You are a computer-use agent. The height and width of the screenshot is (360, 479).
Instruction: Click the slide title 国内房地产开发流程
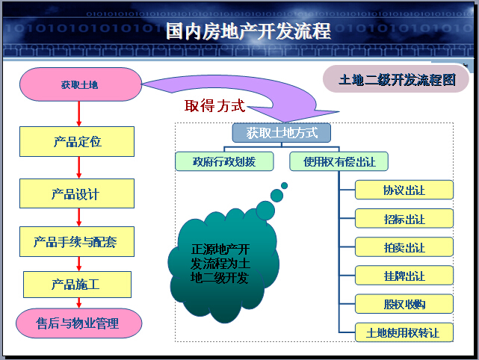point(248,31)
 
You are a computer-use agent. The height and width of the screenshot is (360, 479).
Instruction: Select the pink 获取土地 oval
point(81,84)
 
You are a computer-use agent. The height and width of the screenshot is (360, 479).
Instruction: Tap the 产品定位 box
point(77,141)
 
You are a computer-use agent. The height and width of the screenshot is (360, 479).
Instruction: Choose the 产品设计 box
point(77,193)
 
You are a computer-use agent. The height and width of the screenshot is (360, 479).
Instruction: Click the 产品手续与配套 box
point(77,241)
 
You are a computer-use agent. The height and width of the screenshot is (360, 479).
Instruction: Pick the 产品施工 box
point(77,285)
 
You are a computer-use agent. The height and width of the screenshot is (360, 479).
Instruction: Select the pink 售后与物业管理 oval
point(78,323)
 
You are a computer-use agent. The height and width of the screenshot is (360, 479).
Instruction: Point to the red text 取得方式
point(214,106)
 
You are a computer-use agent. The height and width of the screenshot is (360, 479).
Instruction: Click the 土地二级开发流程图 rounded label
point(396,79)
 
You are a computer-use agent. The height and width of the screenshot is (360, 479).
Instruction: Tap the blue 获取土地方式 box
point(282,133)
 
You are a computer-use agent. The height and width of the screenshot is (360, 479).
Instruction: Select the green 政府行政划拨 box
point(224,161)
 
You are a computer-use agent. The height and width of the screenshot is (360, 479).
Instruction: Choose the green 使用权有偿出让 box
point(339,161)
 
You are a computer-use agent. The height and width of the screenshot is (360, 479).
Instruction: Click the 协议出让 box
point(404,190)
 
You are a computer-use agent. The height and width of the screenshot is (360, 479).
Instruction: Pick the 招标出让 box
point(404,219)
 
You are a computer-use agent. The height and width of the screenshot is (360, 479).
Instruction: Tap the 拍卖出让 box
point(404,247)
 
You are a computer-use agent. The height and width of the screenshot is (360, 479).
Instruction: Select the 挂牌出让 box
point(404,276)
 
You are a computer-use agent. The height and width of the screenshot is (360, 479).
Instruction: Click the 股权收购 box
point(404,304)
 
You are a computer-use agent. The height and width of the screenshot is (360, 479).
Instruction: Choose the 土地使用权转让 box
point(404,332)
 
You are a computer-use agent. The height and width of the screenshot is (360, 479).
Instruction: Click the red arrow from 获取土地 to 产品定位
point(78,114)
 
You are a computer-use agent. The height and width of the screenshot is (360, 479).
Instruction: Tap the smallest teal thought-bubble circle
point(285,186)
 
